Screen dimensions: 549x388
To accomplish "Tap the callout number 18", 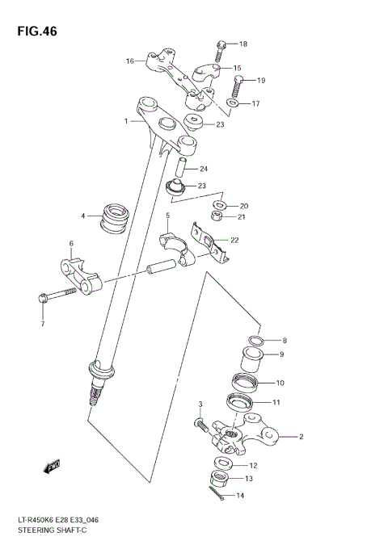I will click(x=243, y=44).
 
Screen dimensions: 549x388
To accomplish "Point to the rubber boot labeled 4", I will click(x=116, y=217).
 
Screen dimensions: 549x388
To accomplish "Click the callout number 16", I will click(x=129, y=61).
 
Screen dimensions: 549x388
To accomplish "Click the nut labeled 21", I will click(x=217, y=216).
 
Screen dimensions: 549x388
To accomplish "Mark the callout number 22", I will click(x=234, y=240).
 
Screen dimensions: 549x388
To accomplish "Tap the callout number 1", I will click(x=126, y=121).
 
